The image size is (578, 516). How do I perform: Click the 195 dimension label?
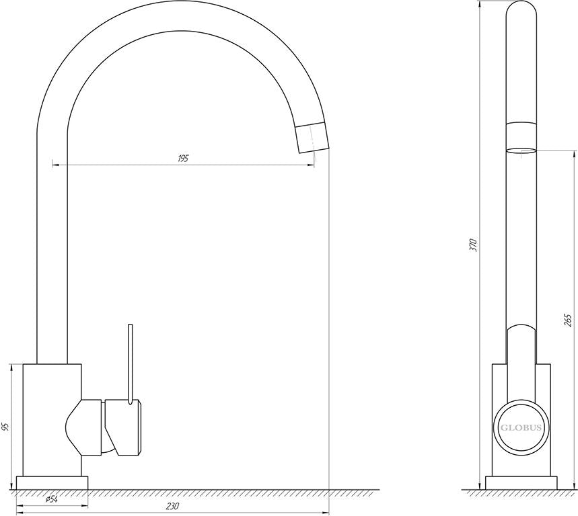183,159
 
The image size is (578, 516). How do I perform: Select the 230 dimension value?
172,506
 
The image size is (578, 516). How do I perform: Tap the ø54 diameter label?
52,499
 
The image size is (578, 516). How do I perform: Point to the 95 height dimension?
5,427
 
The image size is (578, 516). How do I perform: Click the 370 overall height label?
473,245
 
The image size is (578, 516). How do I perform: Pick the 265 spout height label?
568,320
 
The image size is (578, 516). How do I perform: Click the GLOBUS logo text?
521,427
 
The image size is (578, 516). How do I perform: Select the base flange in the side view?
521,483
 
